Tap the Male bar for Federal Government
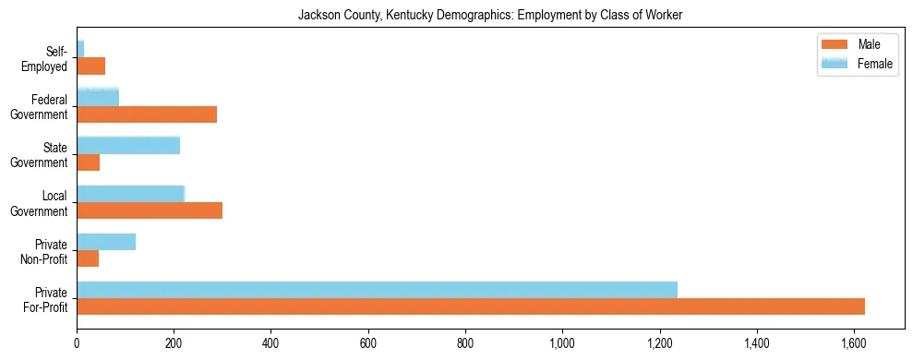(x=147, y=114)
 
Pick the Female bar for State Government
(x=128, y=145)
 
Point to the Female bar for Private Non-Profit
(x=106, y=242)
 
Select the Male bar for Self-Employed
(x=90, y=66)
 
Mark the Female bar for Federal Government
(x=98, y=97)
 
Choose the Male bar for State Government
(x=88, y=162)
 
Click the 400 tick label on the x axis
(x=270, y=344)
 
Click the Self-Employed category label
(x=50, y=59)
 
